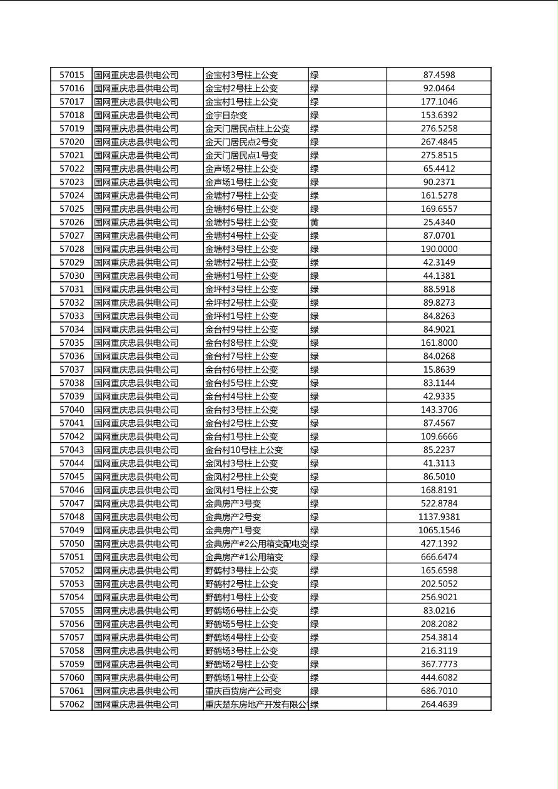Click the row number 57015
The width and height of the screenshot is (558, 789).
click(71, 75)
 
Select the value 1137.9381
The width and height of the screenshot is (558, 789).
click(439, 517)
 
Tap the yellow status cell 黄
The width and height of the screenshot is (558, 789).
click(315, 223)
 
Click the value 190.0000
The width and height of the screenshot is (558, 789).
click(439, 249)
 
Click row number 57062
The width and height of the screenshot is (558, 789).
click(71, 705)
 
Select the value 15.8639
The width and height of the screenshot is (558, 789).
click(439, 370)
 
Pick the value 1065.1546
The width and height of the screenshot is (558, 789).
click(439, 531)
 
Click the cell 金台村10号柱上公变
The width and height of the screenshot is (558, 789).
click(244, 450)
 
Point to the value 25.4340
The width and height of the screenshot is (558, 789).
click(439, 223)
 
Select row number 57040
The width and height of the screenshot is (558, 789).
click(71, 410)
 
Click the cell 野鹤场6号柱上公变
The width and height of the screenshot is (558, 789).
click(241, 611)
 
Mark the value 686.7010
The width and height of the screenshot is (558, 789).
click(439, 691)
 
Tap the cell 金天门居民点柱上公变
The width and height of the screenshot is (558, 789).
click(248, 129)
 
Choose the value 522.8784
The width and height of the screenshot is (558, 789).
click(439, 504)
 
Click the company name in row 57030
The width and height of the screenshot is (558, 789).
click(136, 276)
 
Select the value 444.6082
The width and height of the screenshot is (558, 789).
click(439, 678)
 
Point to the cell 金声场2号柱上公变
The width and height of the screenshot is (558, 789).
click(241, 169)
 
